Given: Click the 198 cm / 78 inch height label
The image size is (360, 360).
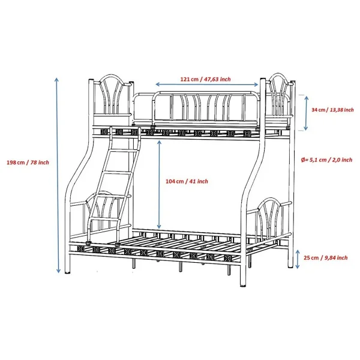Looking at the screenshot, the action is pos(28,163).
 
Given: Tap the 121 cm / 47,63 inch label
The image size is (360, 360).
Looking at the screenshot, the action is pos(205,79).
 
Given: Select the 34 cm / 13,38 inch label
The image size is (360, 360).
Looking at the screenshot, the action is pos(332,110).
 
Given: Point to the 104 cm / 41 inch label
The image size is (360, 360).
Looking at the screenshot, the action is pos(187,181).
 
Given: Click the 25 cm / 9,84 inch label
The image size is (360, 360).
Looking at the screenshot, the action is pos(326,258).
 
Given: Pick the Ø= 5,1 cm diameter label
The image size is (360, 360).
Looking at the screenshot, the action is pos(326,160).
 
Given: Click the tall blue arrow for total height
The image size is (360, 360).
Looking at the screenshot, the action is pos(58,175).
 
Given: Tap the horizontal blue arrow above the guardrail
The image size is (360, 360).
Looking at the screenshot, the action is pos(207,85).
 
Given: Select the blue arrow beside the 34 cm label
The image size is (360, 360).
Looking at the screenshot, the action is pos(306,113).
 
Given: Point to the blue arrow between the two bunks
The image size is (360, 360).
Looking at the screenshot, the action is pos(159,185).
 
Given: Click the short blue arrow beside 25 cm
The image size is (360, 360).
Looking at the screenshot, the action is pos(298,259).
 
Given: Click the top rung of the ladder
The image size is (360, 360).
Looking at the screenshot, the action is pos(124,151).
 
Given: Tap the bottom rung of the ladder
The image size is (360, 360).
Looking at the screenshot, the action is pos(105,220).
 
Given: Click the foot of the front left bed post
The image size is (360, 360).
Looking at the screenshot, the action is pos(67,272).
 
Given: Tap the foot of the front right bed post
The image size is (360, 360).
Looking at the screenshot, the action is pos(243,285).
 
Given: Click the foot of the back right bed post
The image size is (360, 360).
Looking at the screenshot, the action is pos(291,266).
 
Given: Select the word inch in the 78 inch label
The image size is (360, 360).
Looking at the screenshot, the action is pos(44,163).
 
